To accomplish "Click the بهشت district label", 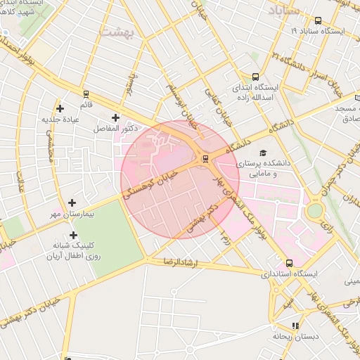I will (116, 32).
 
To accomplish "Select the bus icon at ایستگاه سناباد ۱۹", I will (319, 20).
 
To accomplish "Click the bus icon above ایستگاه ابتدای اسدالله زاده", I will (255, 77).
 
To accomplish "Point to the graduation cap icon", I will (263, 153).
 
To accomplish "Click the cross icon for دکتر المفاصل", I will (115, 117).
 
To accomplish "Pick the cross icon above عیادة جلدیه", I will (60, 108).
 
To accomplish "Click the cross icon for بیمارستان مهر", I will (72, 202).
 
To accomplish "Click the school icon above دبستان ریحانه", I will (295, 326).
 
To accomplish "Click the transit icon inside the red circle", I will (205, 158).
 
